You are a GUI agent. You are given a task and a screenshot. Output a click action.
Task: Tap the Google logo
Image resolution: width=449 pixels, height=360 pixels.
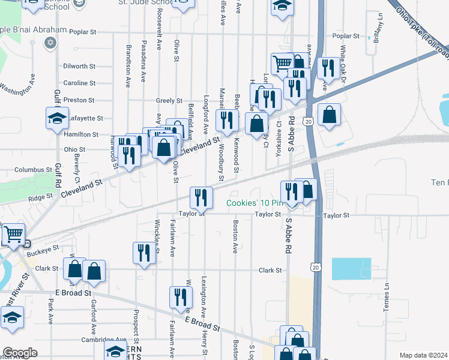[20, 353]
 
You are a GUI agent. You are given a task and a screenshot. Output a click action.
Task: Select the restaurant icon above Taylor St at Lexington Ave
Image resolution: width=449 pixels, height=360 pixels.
[201, 196]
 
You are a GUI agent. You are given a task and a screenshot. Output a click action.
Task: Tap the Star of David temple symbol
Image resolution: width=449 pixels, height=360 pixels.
[50, 43]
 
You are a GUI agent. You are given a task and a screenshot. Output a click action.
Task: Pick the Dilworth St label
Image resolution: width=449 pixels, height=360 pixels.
[79, 67]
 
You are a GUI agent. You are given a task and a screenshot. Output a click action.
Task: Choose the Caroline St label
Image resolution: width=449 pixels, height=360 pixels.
[79, 83]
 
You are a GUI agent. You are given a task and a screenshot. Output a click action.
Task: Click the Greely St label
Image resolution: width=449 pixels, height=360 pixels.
[169, 101]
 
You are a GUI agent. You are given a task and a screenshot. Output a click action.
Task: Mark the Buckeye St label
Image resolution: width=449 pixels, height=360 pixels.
[46, 247]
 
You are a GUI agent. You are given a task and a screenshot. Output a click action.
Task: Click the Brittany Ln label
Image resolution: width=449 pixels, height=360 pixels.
[379, 27]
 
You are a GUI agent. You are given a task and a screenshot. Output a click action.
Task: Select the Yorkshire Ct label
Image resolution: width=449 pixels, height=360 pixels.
[279, 139]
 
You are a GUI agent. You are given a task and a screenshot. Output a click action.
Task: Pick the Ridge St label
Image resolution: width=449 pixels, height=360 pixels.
[40, 197]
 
